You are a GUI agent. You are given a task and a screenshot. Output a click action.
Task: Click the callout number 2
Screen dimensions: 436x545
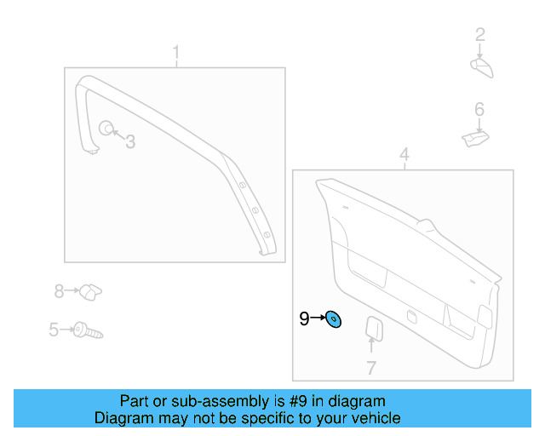pyautogui.click(x=480, y=35)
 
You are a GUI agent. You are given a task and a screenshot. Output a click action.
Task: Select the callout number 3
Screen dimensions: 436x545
pyautogui.click(x=130, y=142)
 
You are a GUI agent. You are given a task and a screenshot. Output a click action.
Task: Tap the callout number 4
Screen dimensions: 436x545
pyautogui.click(x=404, y=154)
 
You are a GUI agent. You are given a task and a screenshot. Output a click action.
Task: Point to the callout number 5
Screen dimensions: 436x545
pyautogui.click(x=53, y=330)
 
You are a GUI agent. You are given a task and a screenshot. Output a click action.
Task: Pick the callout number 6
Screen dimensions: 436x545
pyautogui.click(x=479, y=109)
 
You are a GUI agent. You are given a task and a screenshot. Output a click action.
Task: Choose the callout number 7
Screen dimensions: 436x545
pyautogui.click(x=371, y=368)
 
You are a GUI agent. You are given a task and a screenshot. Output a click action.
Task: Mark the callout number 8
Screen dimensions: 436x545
pyautogui.click(x=59, y=292)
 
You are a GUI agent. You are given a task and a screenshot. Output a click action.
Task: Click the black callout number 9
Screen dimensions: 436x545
pyautogui.click(x=304, y=319)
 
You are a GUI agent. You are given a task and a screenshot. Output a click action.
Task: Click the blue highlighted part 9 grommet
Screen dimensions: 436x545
pyautogui.click(x=335, y=320)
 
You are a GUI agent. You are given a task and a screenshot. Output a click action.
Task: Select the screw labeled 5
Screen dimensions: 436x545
pyautogui.click(x=87, y=330)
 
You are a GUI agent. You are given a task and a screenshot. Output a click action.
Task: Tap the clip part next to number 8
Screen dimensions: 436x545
pyautogui.click(x=91, y=291)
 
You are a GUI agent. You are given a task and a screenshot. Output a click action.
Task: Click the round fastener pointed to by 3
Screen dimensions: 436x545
pyautogui.click(x=106, y=129)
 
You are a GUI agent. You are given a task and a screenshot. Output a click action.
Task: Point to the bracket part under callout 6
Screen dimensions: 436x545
pyautogui.click(x=474, y=137)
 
